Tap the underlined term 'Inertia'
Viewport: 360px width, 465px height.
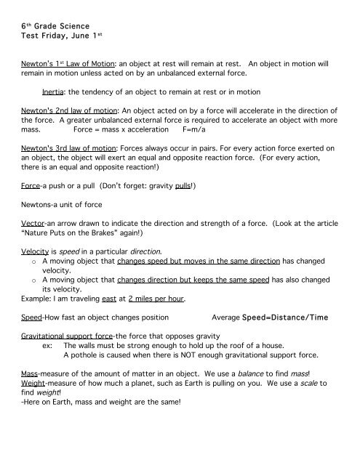pos(57,92)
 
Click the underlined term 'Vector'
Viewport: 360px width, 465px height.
pos(33,225)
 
